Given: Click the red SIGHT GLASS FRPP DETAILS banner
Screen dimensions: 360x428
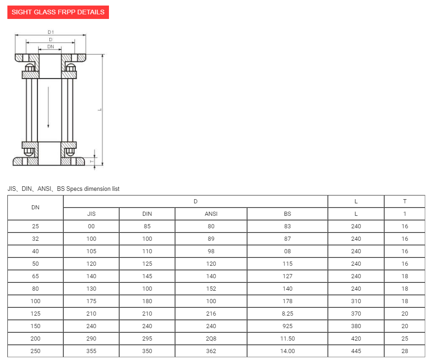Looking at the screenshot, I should point(58,12).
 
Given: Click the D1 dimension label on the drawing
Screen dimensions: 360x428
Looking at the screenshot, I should point(51,32).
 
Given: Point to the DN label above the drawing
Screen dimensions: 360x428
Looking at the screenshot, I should point(50,47).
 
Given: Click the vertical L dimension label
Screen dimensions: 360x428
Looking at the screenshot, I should point(99,110).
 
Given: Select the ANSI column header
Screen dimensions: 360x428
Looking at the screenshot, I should point(211,214).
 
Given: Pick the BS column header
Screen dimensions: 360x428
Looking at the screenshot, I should point(287,214).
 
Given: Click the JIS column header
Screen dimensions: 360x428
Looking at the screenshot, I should point(91,214).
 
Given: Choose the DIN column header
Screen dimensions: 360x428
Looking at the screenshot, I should point(147,214).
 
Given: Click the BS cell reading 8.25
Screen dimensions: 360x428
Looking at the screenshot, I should point(287,314).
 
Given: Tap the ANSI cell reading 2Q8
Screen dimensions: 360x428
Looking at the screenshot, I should point(211,339).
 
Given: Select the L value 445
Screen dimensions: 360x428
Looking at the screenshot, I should point(356,351).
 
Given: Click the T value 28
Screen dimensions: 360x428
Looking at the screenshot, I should point(404,351).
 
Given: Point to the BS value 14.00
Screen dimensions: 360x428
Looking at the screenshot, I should point(287,351).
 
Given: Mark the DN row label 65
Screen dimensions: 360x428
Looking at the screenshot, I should point(36,276).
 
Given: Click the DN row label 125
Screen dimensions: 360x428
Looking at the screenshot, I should point(36,314).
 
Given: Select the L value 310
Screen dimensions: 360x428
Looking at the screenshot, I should point(356,301).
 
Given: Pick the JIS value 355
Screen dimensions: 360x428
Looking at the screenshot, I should point(91,351).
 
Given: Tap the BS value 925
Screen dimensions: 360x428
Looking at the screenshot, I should point(287,326).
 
